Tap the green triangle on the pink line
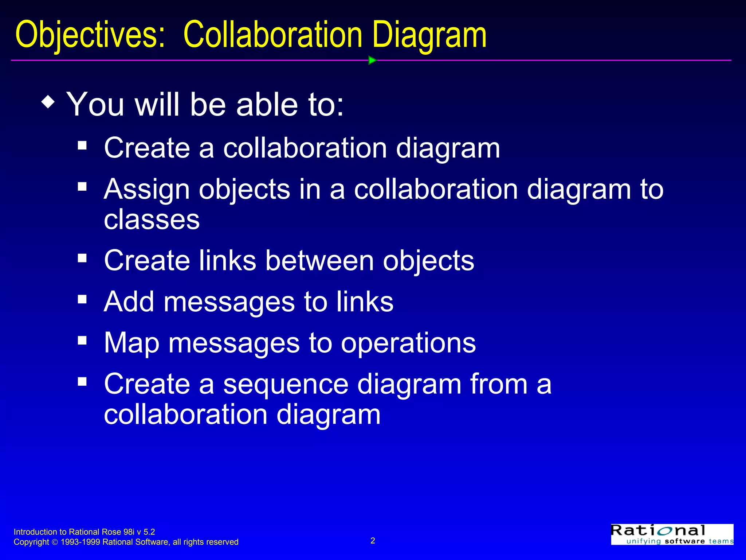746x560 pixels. pos(372,60)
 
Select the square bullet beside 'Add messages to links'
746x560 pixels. pos(82,300)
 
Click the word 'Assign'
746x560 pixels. pos(146,190)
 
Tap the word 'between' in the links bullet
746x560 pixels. pos(319,261)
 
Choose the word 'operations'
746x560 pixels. pos(408,343)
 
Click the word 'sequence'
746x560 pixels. pos(286,384)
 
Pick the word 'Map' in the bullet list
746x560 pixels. pos(131,343)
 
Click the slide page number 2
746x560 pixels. pos(373,541)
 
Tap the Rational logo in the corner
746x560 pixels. pos(672,534)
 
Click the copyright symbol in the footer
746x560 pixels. pos(55,542)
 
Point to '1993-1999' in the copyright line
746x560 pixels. pos(80,542)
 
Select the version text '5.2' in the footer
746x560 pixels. pos(149,532)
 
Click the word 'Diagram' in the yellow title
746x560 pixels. pos(429,35)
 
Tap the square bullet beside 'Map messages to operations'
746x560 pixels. pos(82,341)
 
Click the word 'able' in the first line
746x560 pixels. pos(267,105)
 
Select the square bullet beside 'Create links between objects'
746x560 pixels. pos(82,258)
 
